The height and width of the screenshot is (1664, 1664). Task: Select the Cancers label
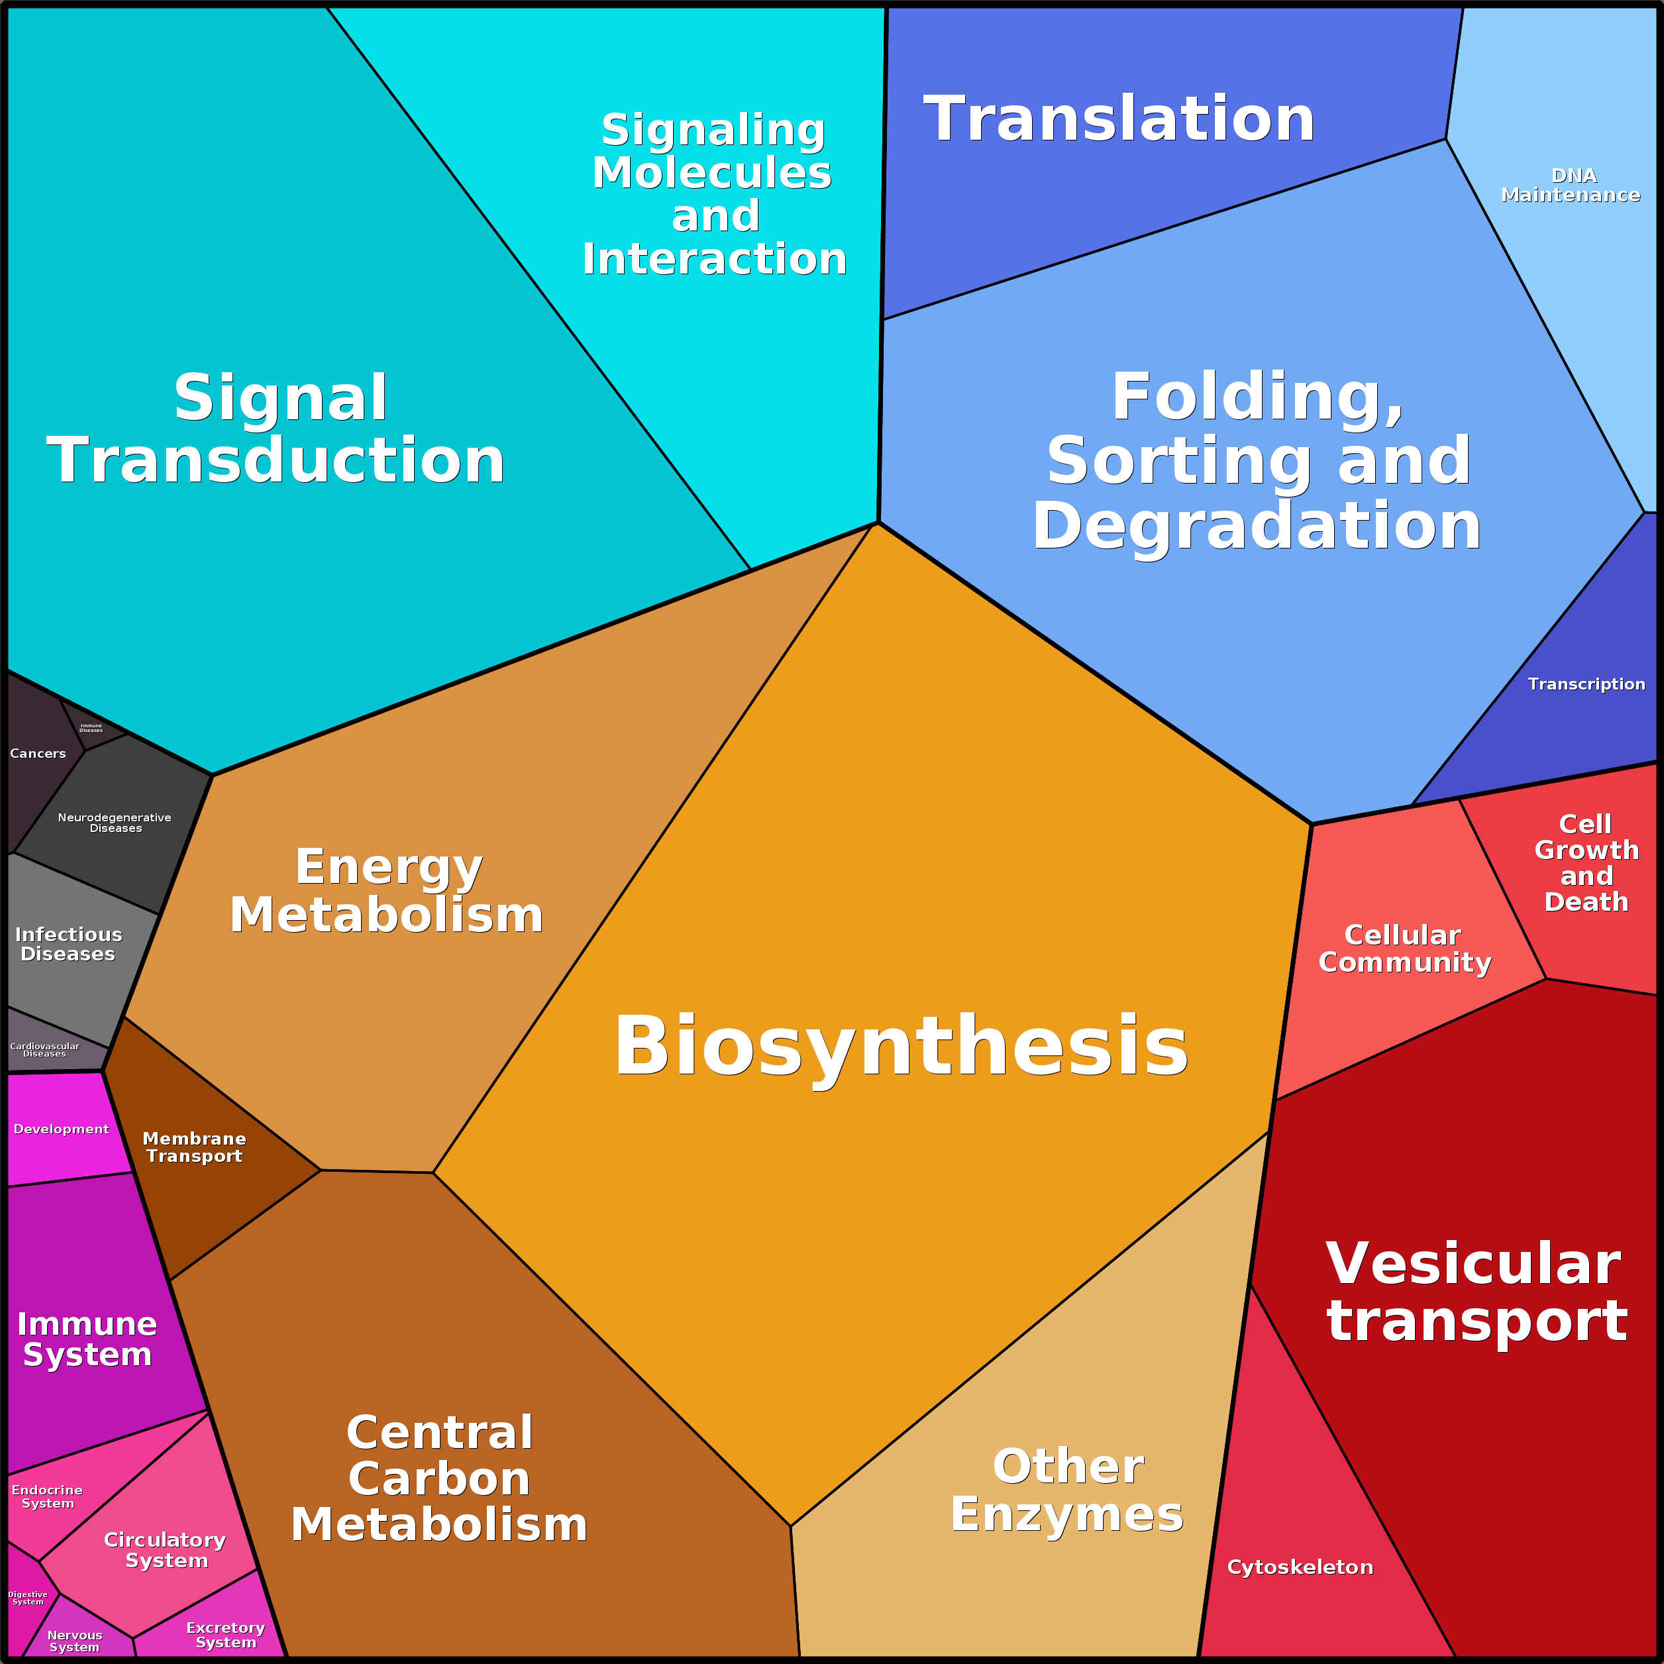point(38,754)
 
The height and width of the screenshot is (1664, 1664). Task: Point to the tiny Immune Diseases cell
point(91,728)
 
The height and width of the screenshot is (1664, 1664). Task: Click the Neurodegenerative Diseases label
point(115,823)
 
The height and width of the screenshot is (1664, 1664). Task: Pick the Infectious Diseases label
point(68,944)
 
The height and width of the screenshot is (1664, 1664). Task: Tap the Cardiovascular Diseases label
point(45,1050)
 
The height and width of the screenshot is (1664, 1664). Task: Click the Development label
point(61,1129)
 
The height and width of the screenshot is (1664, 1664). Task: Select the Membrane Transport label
point(195,1147)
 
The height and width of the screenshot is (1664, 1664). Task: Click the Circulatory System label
point(166,1549)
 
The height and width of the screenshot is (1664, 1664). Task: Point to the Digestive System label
point(28,1598)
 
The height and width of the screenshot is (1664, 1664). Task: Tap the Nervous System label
point(75,1641)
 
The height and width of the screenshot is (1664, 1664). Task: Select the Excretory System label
point(226,1635)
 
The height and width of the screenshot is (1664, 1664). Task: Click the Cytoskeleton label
point(1300,1567)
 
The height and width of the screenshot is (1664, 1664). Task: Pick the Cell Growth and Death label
point(1586,863)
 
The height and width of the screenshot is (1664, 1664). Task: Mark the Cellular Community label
point(1404,949)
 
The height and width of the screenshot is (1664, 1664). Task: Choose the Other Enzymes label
point(1067,1490)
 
